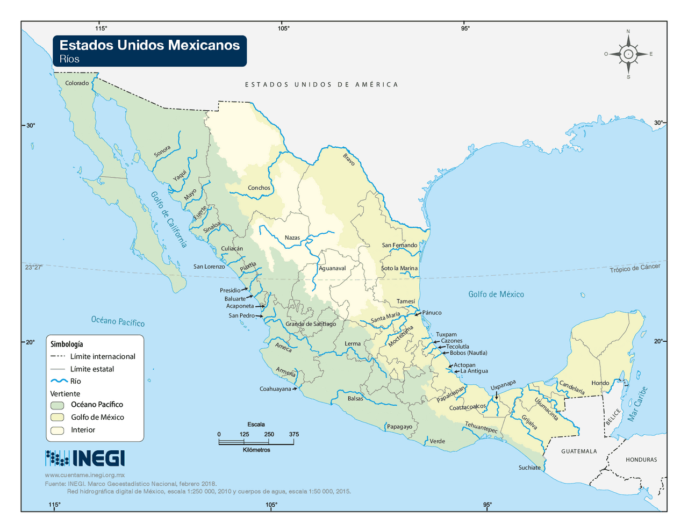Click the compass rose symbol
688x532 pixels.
pos(628,54)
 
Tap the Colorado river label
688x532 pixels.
pos(77,83)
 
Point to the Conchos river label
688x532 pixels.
pos(259,188)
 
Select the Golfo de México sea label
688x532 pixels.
pos(496,294)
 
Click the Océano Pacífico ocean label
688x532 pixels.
pos(118,321)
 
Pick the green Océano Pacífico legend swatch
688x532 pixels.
pos(58,405)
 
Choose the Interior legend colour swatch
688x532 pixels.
pos(58,430)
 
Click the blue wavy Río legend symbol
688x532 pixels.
pos(59,381)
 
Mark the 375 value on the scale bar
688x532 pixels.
pos(293,434)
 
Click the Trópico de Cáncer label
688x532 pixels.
pos(635,268)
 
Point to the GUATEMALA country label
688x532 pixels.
pos(579,451)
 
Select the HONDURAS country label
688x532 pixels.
pos(641,459)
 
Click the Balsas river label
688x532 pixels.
pos(355,398)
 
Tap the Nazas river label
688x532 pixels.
pos(292,238)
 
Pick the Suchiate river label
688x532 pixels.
pos(529,468)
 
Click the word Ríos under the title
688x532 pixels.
pos(69,59)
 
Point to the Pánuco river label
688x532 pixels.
pos(432,312)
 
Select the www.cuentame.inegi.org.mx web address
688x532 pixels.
pos(85,475)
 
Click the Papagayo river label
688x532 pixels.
pos(399,427)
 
